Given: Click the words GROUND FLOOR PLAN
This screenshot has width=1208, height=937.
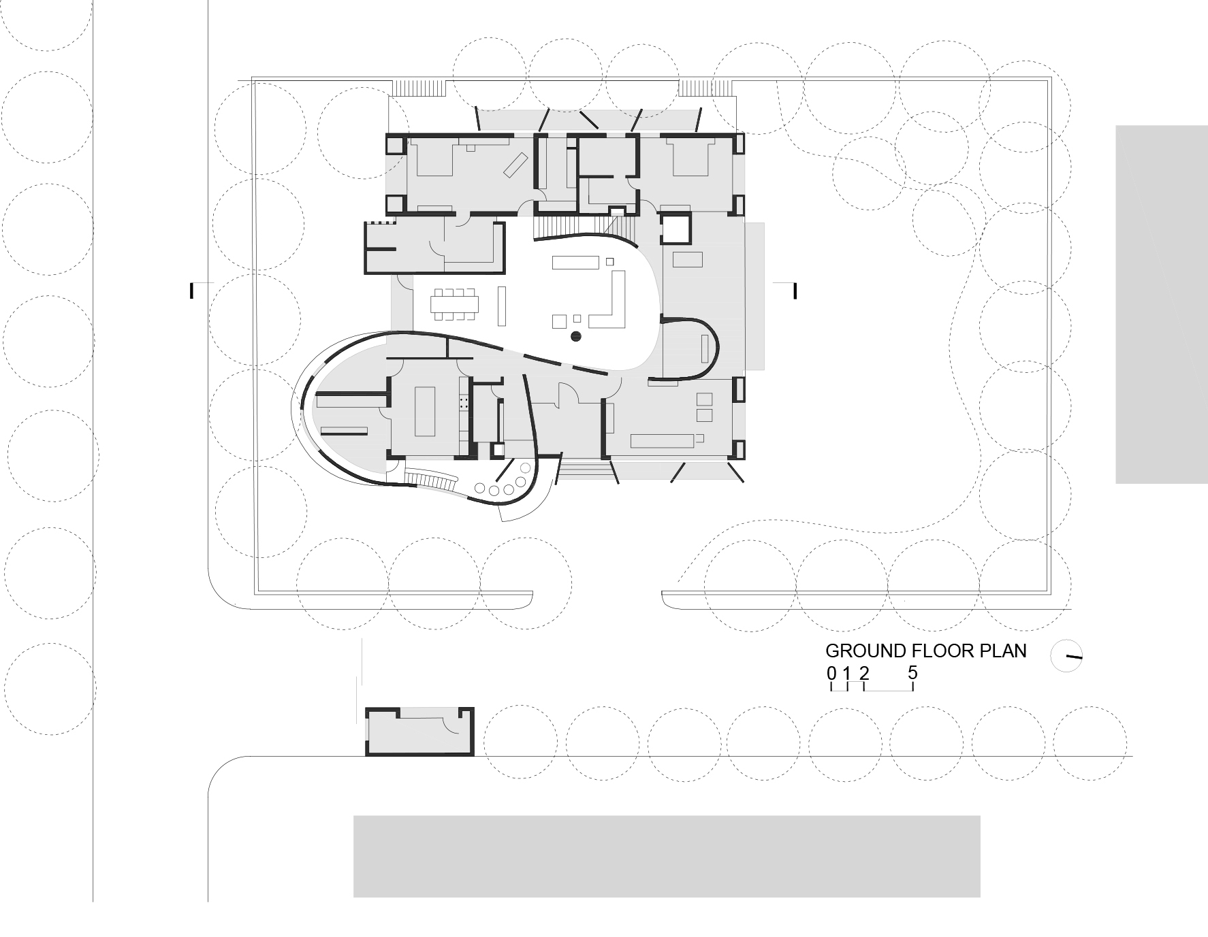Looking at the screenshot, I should click(x=925, y=651).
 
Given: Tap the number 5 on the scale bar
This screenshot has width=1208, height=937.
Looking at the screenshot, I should click(x=912, y=673).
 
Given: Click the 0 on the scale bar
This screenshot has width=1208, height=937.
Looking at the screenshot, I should click(x=831, y=674).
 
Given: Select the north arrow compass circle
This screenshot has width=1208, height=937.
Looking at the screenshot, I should click(x=1066, y=656).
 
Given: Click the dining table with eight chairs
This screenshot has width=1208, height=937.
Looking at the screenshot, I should click(x=454, y=304).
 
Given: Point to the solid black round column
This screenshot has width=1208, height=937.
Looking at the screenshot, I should click(x=575, y=335).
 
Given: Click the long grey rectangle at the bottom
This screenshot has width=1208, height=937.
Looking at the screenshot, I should click(x=666, y=856).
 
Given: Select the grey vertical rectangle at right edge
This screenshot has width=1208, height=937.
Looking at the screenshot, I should click(x=1161, y=304).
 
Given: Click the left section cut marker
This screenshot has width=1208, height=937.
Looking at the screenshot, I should click(x=193, y=291).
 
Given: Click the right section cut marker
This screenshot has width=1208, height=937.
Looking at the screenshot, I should click(x=794, y=291).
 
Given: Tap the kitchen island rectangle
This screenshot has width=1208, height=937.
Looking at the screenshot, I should click(x=424, y=412).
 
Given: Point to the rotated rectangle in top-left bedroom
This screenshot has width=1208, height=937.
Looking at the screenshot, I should click(x=515, y=165).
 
